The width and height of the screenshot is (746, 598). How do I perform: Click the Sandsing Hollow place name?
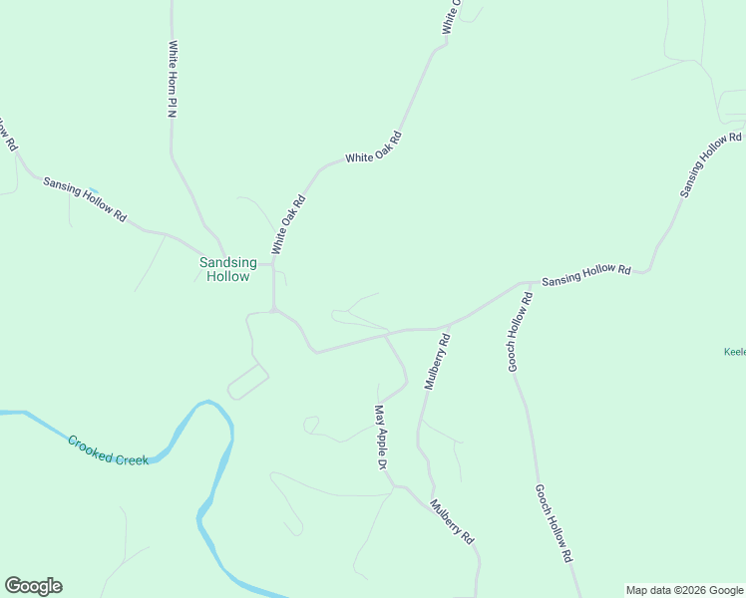[227, 269]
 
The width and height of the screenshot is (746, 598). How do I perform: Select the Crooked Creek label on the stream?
[108, 449]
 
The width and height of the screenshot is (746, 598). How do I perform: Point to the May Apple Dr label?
[380, 436]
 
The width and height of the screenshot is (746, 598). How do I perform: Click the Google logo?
[33, 586]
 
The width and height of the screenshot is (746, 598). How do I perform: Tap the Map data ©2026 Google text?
[685, 590]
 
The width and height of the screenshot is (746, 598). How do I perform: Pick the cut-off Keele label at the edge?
[734, 352]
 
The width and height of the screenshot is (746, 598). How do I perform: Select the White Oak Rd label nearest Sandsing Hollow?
[288, 224]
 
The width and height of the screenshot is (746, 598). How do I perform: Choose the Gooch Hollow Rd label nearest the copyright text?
[553, 522]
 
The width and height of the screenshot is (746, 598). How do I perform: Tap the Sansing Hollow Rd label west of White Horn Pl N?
[85, 199]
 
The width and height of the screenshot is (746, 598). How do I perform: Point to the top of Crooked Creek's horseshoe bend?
[207, 404]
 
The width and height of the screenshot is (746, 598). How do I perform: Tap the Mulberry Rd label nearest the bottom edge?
[452, 521]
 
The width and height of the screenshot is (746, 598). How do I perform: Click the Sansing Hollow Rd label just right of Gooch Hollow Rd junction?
[586, 276]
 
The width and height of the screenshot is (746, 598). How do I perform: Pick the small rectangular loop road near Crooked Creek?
[247, 382]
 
